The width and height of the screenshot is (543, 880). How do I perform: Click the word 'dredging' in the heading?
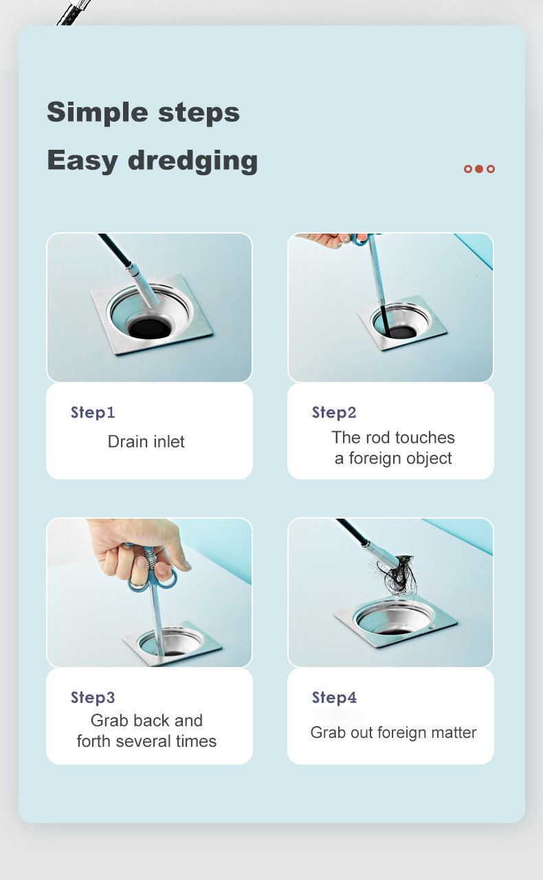(x=192, y=161)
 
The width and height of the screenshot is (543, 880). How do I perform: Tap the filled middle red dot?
(x=479, y=169)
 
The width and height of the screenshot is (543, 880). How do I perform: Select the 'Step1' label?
(x=93, y=412)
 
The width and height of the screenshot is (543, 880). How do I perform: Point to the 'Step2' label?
(x=334, y=412)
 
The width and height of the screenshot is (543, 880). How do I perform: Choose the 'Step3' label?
(x=93, y=698)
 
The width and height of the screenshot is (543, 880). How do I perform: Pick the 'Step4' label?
(x=334, y=698)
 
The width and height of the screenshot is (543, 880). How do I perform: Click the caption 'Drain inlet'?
(x=146, y=442)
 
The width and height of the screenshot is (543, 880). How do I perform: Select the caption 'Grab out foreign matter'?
(x=393, y=733)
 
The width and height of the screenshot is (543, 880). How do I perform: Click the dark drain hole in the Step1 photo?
(x=150, y=328)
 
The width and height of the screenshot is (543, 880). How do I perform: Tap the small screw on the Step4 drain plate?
(x=432, y=627)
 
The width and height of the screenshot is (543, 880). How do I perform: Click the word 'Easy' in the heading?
(x=82, y=161)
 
